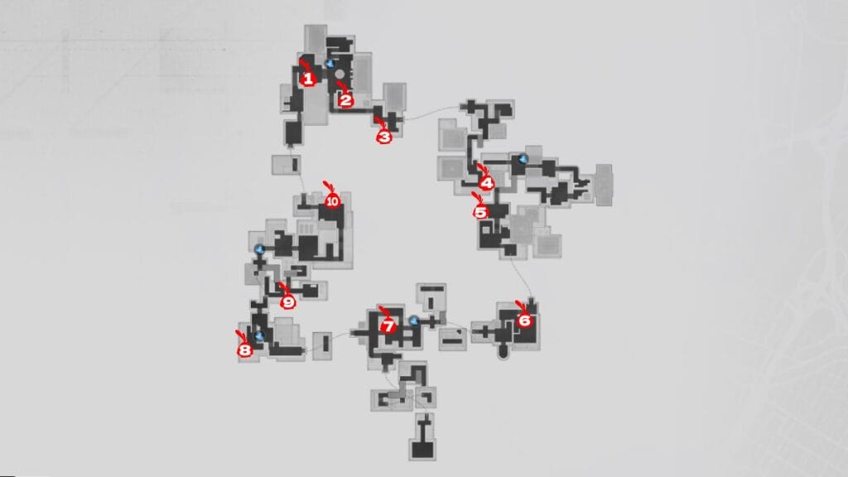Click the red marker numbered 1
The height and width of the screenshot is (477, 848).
(308, 79)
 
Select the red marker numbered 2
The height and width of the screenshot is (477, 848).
(345, 99)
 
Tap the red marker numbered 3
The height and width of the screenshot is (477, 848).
(384, 137)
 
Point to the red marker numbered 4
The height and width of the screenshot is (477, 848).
(487, 183)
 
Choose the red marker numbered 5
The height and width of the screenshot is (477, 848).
(480, 213)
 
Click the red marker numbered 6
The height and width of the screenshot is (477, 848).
(524, 320)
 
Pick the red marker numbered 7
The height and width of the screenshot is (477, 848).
(388, 326)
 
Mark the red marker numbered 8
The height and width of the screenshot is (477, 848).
(245, 350)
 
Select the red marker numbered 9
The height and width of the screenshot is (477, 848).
(287, 302)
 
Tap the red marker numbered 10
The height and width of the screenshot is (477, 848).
(332, 201)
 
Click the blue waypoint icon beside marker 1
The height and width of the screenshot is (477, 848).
(330, 63)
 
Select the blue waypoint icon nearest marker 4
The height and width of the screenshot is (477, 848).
(523, 159)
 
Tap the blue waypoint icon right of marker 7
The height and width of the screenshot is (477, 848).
(414, 320)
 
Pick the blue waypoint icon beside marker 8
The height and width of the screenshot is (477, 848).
(259, 336)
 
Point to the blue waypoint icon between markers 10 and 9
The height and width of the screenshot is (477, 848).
(259, 249)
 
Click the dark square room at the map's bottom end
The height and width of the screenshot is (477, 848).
(422, 450)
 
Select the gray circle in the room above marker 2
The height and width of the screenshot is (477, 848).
(340, 74)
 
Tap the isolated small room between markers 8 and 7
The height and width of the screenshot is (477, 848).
(323, 346)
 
